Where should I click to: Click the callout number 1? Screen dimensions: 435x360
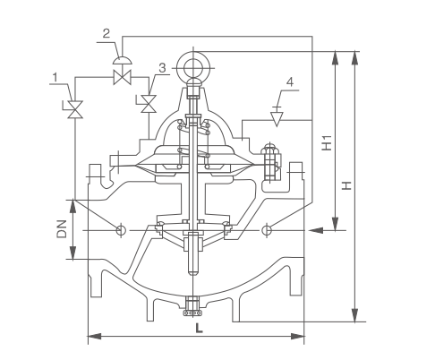[55, 78]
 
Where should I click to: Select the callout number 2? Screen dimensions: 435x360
[107, 33]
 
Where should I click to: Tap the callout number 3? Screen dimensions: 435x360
[162, 68]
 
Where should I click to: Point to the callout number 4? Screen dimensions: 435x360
[290, 81]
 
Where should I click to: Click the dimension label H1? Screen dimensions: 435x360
[327, 142]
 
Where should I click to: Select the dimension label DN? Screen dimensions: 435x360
[62, 229]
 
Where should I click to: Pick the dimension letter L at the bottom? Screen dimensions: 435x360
[199, 329]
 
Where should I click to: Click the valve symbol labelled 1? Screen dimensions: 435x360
[74, 109]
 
